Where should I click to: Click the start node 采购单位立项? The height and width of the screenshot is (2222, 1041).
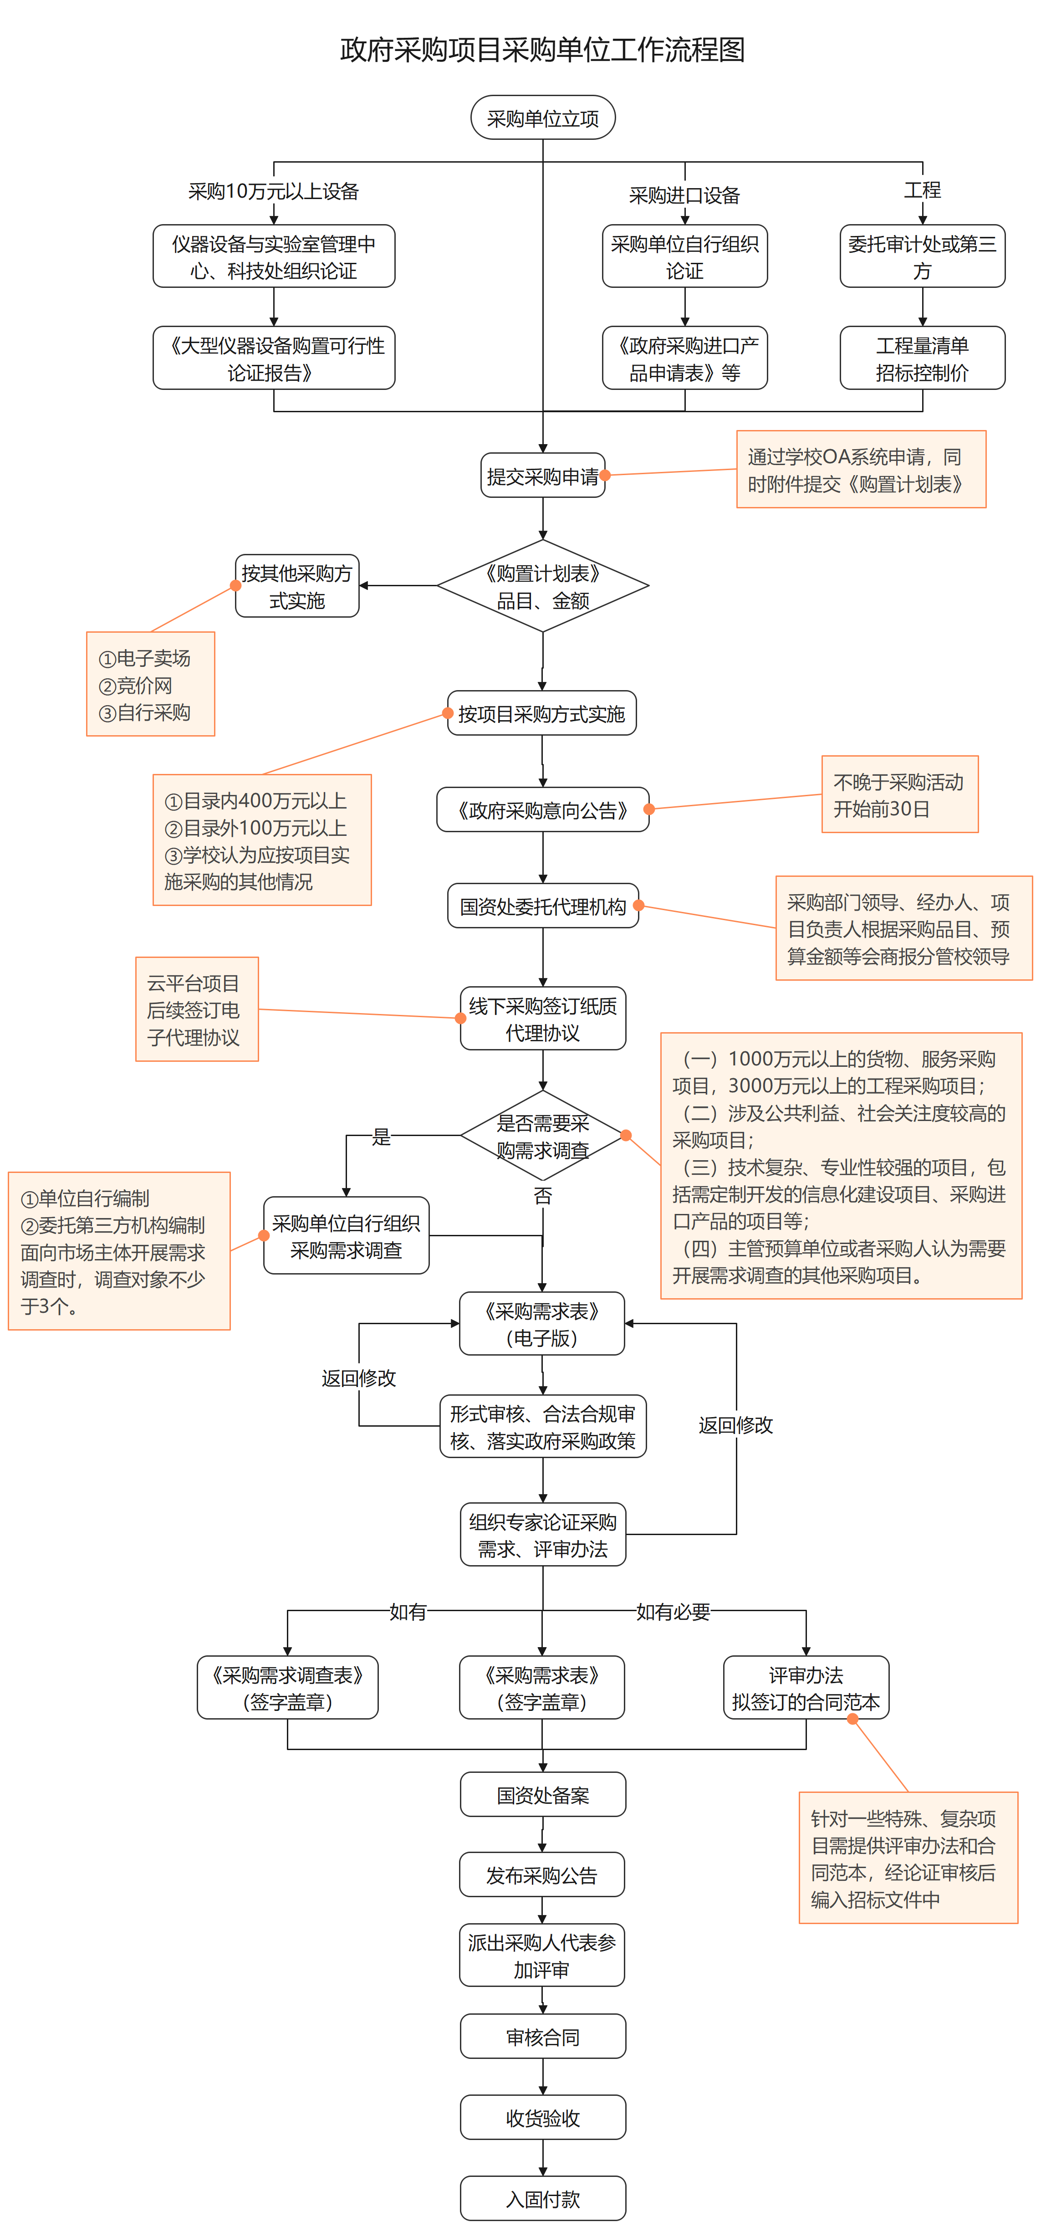click(x=542, y=118)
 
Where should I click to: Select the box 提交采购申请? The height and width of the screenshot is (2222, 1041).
click(x=542, y=476)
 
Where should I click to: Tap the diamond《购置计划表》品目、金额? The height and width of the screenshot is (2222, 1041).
click(x=542, y=587)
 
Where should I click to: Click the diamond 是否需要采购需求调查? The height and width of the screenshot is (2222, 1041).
click(x=542, y=1136)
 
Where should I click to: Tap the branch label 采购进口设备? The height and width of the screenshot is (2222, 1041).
click(x=684, y=195)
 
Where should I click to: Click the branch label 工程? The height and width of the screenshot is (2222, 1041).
click(x=922, y=189)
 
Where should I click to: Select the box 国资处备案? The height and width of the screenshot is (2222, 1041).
click(x=542, y=1795)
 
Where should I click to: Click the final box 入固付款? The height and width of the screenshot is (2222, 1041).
click(x=542, y=2198)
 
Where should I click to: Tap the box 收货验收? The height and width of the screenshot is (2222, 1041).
click(x=542, y=2118)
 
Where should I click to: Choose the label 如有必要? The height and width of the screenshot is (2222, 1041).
click(x=673, y=1611)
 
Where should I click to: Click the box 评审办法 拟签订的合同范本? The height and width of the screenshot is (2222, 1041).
click(x=806, y=1688)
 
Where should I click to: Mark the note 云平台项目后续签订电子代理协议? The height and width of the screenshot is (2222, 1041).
click(x=197, y=1009)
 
